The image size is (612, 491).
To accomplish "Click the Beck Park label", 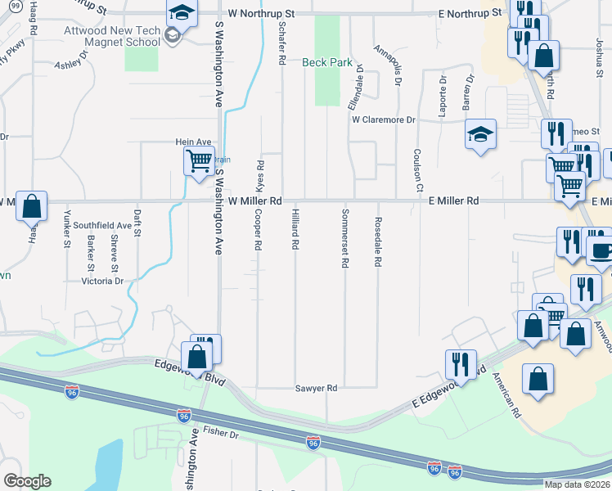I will [x=326, y=61].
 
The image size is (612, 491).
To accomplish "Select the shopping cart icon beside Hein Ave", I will [x=199, y=161].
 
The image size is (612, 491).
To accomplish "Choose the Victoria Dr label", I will [x=102, y=282].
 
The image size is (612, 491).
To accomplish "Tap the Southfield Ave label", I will [x=102, y=225].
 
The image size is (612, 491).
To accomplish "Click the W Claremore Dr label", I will [x=384, y=119].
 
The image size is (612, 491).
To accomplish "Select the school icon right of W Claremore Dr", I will [x=481, y=136].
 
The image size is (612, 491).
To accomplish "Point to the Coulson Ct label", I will [x=416, y=170].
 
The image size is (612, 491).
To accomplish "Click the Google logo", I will [x=27, y=481].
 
